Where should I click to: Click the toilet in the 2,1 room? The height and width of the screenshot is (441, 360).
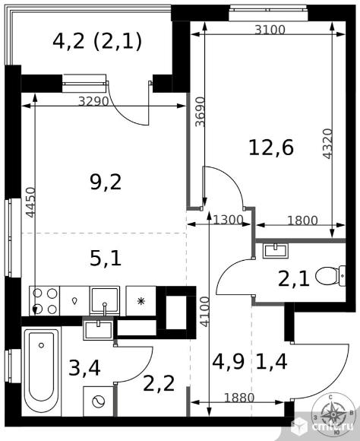coord(330,276)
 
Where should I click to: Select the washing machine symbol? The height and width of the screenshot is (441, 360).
coord(99,401)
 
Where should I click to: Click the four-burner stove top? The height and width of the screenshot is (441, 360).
coord(44,301)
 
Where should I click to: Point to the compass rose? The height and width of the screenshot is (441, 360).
coord(333,414)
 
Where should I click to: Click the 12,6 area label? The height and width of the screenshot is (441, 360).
coord(271,148)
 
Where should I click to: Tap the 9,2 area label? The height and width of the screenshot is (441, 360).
coord(106,182)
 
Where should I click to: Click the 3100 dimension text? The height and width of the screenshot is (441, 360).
coord(270,30)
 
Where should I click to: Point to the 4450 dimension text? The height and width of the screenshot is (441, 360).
coord(30,202)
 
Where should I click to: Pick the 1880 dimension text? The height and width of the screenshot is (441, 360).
coord(239,398)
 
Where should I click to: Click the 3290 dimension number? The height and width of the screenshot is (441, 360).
coord(93,101)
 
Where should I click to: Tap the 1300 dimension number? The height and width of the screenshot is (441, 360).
coord(228,220)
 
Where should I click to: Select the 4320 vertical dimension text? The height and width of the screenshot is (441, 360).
coord(327,144)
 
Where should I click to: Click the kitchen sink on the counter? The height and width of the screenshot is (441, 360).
coord(105,300)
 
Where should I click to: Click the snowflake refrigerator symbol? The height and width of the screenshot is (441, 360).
coord(141,301)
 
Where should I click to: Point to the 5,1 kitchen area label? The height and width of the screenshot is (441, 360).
coord(106,259)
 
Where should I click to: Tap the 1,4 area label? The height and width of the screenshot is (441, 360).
coord(271,361)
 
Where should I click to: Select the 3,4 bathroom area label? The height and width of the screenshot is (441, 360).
coord(84,369)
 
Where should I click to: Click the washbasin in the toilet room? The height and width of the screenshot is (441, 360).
coord(276,251)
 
